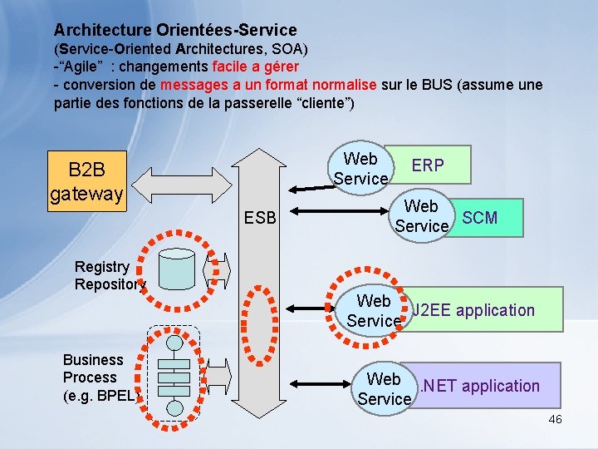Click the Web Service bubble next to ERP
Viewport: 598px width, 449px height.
point(360,169)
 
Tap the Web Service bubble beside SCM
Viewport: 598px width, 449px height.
point(422,216)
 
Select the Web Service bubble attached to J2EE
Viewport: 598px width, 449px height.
point(374,310)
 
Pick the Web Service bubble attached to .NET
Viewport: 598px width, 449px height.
point(384,388)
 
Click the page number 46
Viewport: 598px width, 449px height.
point(555,419)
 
